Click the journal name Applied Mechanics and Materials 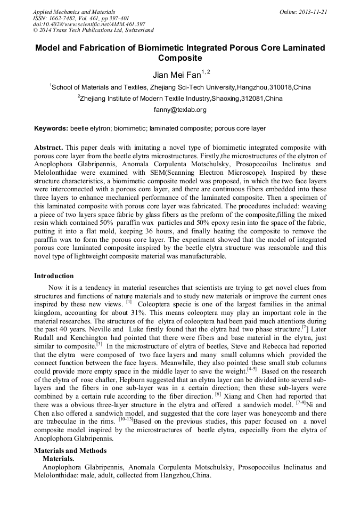73,11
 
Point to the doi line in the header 89,24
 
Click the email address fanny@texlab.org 179,110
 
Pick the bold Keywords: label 51,128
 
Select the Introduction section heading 54,276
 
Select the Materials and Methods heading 70,450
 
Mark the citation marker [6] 218,394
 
